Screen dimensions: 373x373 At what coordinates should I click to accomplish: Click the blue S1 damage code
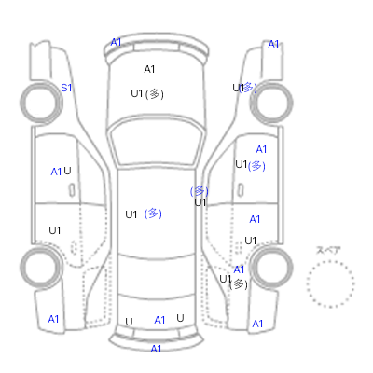[x=66, y=88]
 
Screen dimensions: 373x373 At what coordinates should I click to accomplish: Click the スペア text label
[x=328, y=250]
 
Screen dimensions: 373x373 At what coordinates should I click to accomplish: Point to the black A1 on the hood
[x=149, y=69]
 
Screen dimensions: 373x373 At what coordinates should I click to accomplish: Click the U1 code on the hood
[x=137, y=93]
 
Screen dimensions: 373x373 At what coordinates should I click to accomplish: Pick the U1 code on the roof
[x=131, y=214]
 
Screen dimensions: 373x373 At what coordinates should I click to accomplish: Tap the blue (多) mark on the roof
[x=153, y=214]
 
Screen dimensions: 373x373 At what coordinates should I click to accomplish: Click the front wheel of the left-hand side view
[x=41, y=103]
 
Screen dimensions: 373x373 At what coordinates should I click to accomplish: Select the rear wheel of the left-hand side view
[x=41, y=268]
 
